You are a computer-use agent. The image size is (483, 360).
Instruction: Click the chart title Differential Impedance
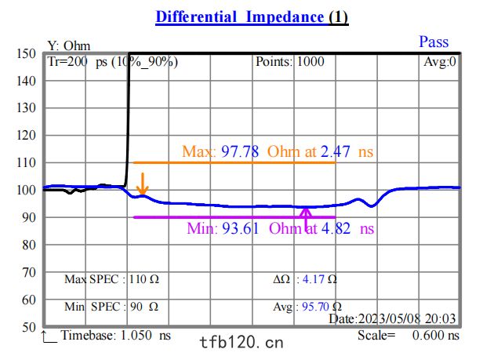[240, 17]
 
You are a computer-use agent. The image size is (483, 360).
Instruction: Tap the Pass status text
[434, 42]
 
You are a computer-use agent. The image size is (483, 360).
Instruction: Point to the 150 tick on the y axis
[26, 53]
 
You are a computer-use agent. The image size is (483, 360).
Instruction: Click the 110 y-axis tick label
[26, 162]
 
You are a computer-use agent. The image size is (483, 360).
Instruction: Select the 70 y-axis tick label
[29, 272]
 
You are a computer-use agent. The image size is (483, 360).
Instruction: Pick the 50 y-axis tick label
[29, 327]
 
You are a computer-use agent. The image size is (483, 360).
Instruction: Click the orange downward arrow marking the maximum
[143, 184]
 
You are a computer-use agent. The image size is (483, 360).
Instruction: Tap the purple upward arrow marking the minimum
[306, 219]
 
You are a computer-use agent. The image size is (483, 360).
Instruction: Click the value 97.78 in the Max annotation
[240, 151]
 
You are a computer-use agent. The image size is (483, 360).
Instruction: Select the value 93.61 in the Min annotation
[241, 229]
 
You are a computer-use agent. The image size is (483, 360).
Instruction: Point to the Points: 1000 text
[290, 62]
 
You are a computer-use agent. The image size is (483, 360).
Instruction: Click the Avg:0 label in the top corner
[440, 62]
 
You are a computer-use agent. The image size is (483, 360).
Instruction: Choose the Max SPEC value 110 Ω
[143, 279]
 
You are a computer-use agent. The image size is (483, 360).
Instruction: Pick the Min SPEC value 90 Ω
[144, 307]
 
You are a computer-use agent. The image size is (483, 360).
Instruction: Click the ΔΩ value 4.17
[314, 279]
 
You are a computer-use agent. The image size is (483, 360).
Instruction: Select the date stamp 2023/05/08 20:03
[407, 318]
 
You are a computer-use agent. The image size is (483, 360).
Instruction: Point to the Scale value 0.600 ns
[436, 336]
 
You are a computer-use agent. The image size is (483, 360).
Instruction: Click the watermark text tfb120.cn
[241, 343]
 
